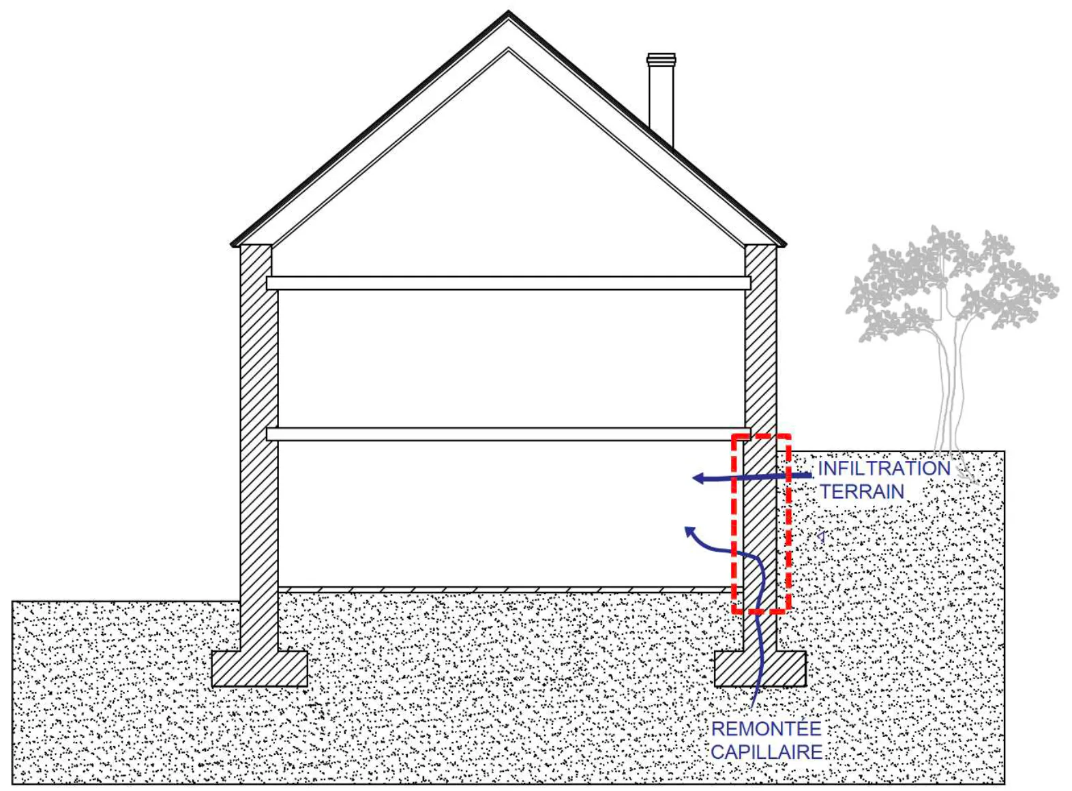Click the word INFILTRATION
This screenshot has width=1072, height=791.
(884, 468)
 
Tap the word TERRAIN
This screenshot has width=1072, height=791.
(863, 492)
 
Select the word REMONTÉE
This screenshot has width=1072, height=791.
(766, 729)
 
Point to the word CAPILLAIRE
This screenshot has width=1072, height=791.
(767, 752)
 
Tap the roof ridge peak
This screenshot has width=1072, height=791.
(509, 12)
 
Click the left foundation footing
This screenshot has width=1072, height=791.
(260, 669)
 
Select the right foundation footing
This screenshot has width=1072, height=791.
(760, 669)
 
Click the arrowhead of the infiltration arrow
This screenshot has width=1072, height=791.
(698, 479)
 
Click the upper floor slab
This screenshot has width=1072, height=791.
(509, 284)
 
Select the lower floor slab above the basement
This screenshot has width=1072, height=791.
(509, 434)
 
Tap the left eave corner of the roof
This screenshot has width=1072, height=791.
(231, 245)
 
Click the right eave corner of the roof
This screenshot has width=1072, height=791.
(786, 245)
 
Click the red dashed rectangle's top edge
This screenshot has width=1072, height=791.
(761, 436)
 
